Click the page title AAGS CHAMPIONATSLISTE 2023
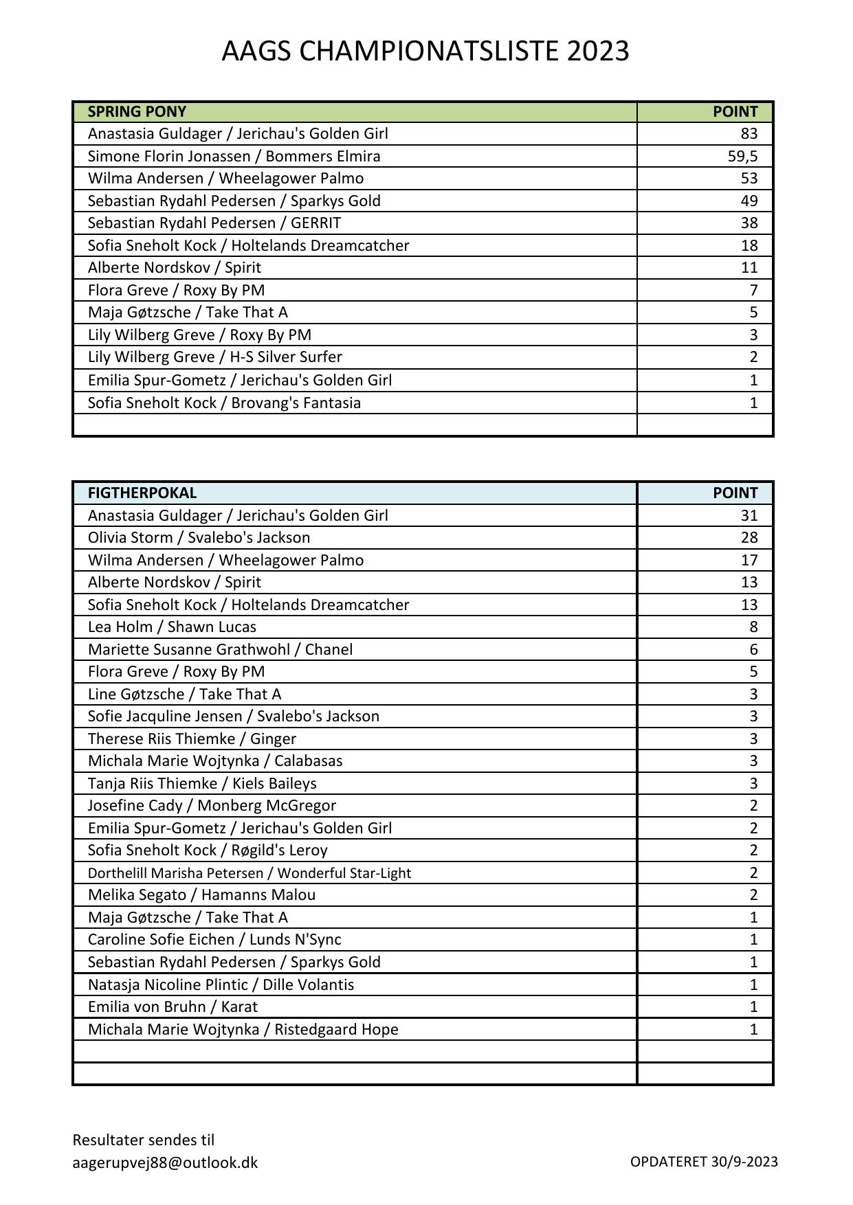425,52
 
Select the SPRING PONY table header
137,111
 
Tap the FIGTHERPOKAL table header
142,493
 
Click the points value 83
749,133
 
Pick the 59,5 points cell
742,156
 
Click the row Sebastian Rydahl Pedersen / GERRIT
214,223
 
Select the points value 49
749,201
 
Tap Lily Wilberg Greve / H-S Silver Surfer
214,357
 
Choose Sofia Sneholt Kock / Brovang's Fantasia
224,403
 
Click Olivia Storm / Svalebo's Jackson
199,537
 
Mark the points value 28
749,537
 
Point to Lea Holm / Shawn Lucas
172,627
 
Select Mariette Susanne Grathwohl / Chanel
220,649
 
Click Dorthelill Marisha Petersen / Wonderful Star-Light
250,872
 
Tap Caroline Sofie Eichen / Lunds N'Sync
214,939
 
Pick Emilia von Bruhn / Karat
173,1006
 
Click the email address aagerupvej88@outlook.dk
165,1162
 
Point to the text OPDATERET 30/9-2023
704,1161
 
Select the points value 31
749,515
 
